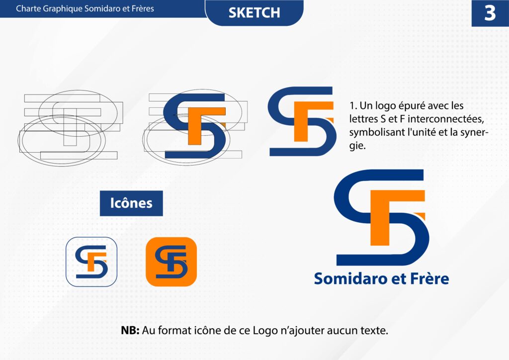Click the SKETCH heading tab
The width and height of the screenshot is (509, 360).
pos(254,12)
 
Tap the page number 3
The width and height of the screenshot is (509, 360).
pos(490,13)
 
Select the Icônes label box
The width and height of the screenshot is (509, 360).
pos(131,203)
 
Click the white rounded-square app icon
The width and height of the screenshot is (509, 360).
pos(91,262)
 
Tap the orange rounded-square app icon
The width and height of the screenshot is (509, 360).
pos(171,262)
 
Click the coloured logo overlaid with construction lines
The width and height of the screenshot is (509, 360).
pos(195,127)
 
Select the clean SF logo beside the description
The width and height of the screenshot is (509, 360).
pos(302,121)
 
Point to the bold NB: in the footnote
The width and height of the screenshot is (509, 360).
pos(130,331)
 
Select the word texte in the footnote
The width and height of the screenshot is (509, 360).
pos(374,331)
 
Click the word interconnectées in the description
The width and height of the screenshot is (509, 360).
pos(446,119)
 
